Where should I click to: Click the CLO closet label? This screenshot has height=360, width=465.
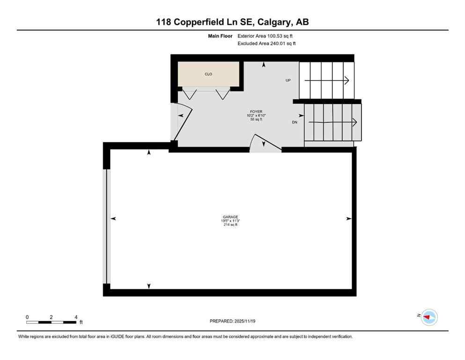pyautogui.click(x=209, y=74)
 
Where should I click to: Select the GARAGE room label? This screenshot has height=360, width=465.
pyautogui.click(x=230, y=217)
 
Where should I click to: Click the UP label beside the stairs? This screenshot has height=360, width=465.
pyautogui.click(x=288, y=80)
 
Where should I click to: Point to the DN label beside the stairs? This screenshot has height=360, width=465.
pyautogui.click(x=295, y=122)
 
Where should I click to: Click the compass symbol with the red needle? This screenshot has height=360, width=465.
pyautogui.click(x=428, y=317)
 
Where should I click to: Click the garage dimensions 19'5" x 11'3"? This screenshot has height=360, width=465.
pyautogui.click(x=230, y=221)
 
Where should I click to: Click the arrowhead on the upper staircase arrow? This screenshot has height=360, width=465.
pyautogui.click(x=347, y=80)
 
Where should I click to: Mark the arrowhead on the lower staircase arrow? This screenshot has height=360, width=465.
pyautogui.click(x=355, y=122)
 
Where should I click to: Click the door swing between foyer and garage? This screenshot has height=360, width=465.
pyautogui.click(x=264, y=143)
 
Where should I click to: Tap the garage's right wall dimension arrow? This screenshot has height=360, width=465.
pyautogui.click(x=348, y=218)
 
